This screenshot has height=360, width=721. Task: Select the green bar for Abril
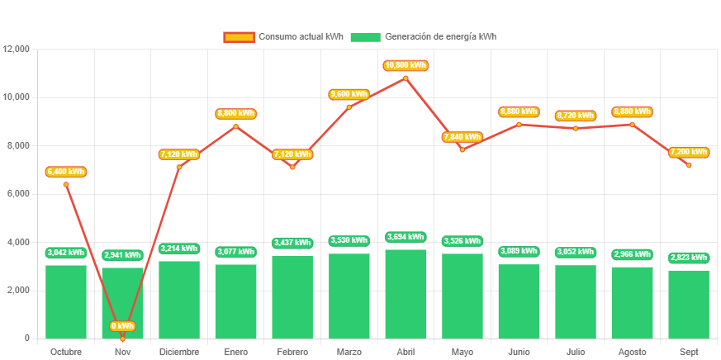[x=406, y=293]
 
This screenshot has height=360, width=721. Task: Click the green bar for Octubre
[x=66, y=301]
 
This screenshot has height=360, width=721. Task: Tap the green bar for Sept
[x=689, y=304]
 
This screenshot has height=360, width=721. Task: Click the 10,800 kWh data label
[x=406, y=65]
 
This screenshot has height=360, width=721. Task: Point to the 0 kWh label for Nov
[x=122, y=326]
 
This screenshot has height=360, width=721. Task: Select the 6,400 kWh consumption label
[x=66, y=172]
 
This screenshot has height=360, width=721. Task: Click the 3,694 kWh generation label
[x=406, y=238]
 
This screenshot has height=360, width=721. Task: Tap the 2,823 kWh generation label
[x=689, y=258]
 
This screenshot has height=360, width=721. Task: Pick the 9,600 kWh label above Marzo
[x=349, y=95]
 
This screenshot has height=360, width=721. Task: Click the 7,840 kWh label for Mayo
[x=462, y=137]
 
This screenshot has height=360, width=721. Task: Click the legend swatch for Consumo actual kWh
[x=239, y=37]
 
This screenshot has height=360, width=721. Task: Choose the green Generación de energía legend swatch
[x=365, y=37]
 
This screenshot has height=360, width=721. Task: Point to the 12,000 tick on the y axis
[x=17, y=49]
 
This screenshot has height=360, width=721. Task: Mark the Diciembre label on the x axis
[x=179, y=352]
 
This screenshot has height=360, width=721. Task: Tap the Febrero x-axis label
[x=292, y=352]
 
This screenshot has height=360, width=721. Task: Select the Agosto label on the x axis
[x=632, y=352]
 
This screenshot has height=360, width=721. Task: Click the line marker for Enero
[x=235, y=126]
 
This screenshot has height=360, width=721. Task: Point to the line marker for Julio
[x=575, y=128]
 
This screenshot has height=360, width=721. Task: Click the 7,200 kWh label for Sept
[x=689, y=153]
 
